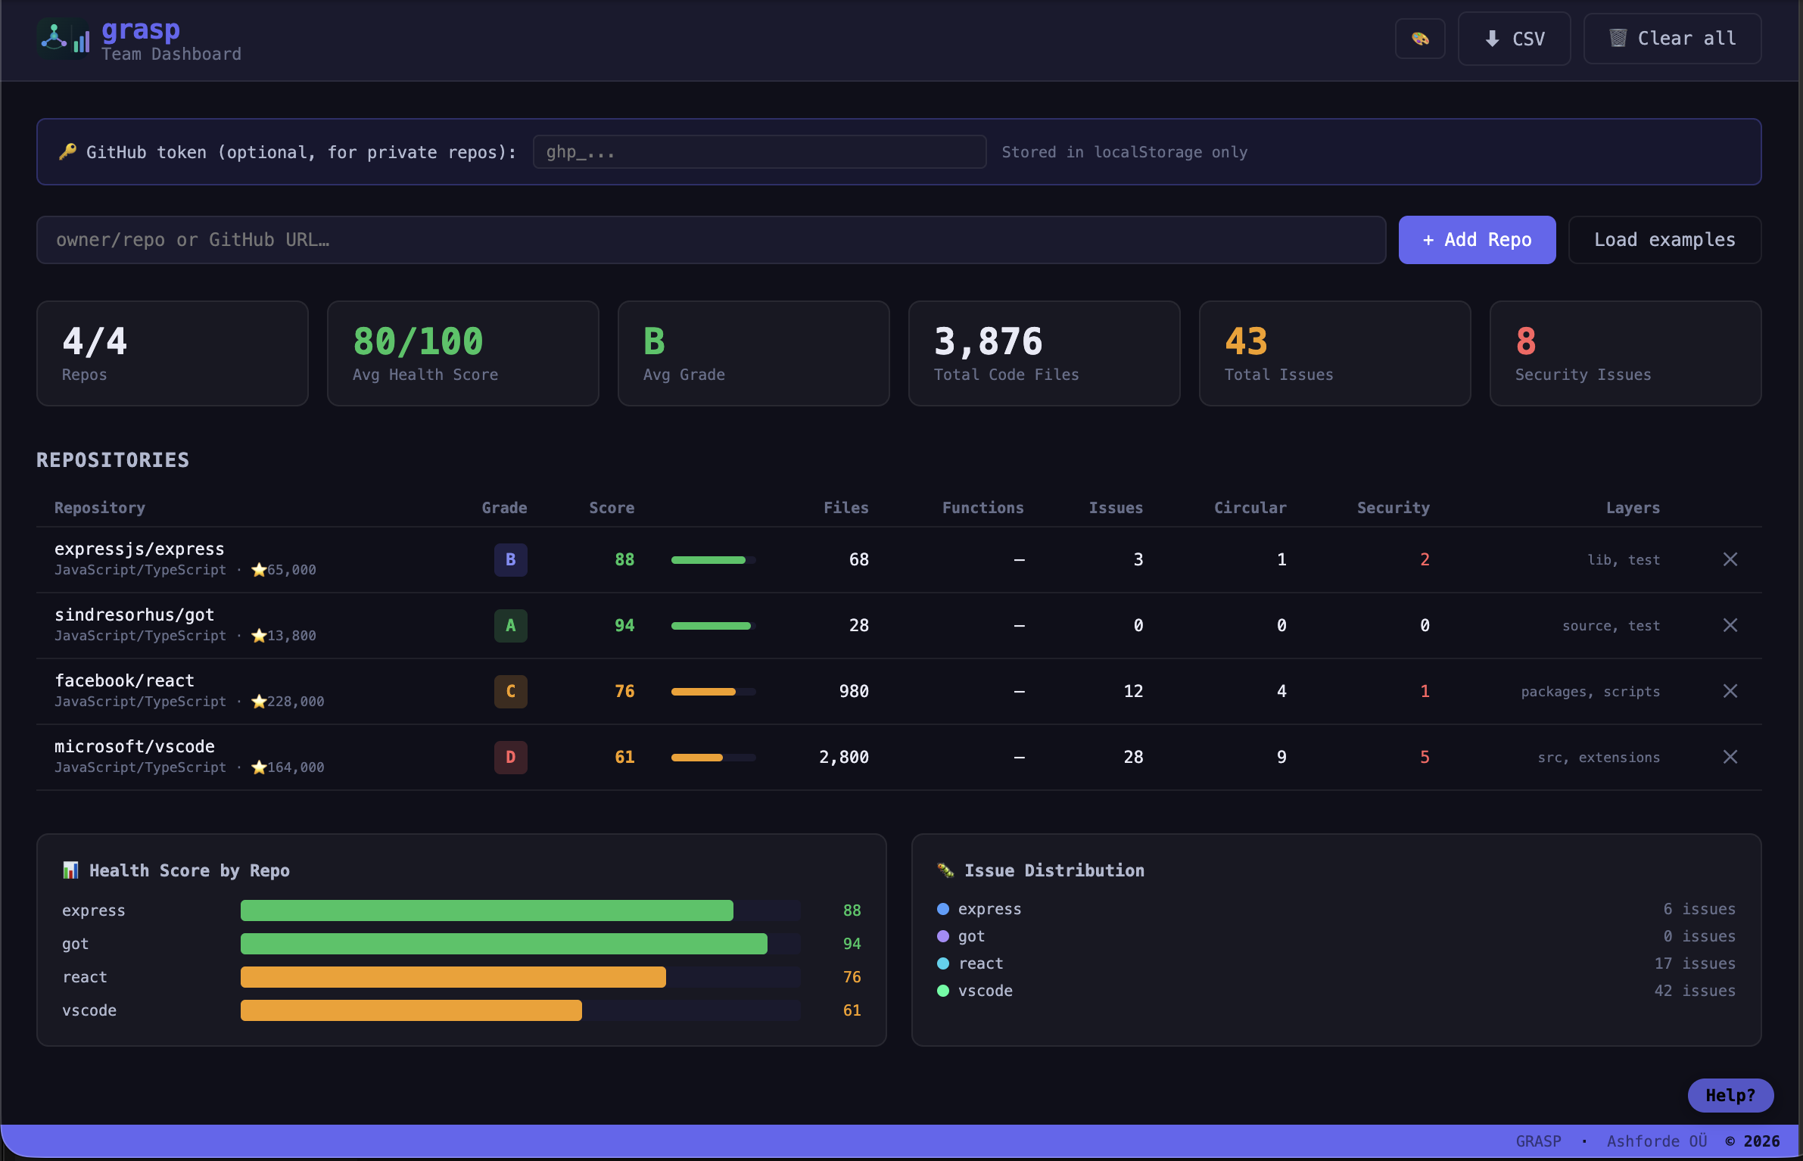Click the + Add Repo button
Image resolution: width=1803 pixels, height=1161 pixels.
tap(1476, 240)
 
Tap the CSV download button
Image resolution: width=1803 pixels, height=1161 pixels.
tap(1514, 39)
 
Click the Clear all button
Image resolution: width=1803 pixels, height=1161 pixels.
tap(1671, 39)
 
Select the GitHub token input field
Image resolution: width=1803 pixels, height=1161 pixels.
tap(758, 152)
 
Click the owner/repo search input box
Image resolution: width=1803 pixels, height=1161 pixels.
tap(710, 240)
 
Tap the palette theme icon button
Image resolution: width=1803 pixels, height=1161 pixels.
tap(1420, 39)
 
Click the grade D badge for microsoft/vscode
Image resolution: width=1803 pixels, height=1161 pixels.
tap(510, 757)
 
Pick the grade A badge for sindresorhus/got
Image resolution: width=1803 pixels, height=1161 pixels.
tap(510, 625)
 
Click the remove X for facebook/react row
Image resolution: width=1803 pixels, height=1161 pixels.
tap(1730, 691)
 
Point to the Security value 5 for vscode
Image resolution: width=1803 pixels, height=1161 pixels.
tap(1425, 757)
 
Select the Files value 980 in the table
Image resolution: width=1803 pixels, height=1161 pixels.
tap(853, 691)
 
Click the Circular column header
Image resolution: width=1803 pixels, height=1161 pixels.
tap(1250, 508)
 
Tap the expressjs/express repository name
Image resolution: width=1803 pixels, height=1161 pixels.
tap(139, 549)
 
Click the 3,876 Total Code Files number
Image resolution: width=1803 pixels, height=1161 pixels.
tap(988, 341)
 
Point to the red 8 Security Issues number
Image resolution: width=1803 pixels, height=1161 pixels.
tap(1526, 341)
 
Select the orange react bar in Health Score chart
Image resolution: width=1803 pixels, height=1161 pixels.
tap(453, 977)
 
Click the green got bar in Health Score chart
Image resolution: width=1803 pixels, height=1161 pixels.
tap(503, 944)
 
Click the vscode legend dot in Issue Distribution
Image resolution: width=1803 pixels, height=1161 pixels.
tap(943, 991)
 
